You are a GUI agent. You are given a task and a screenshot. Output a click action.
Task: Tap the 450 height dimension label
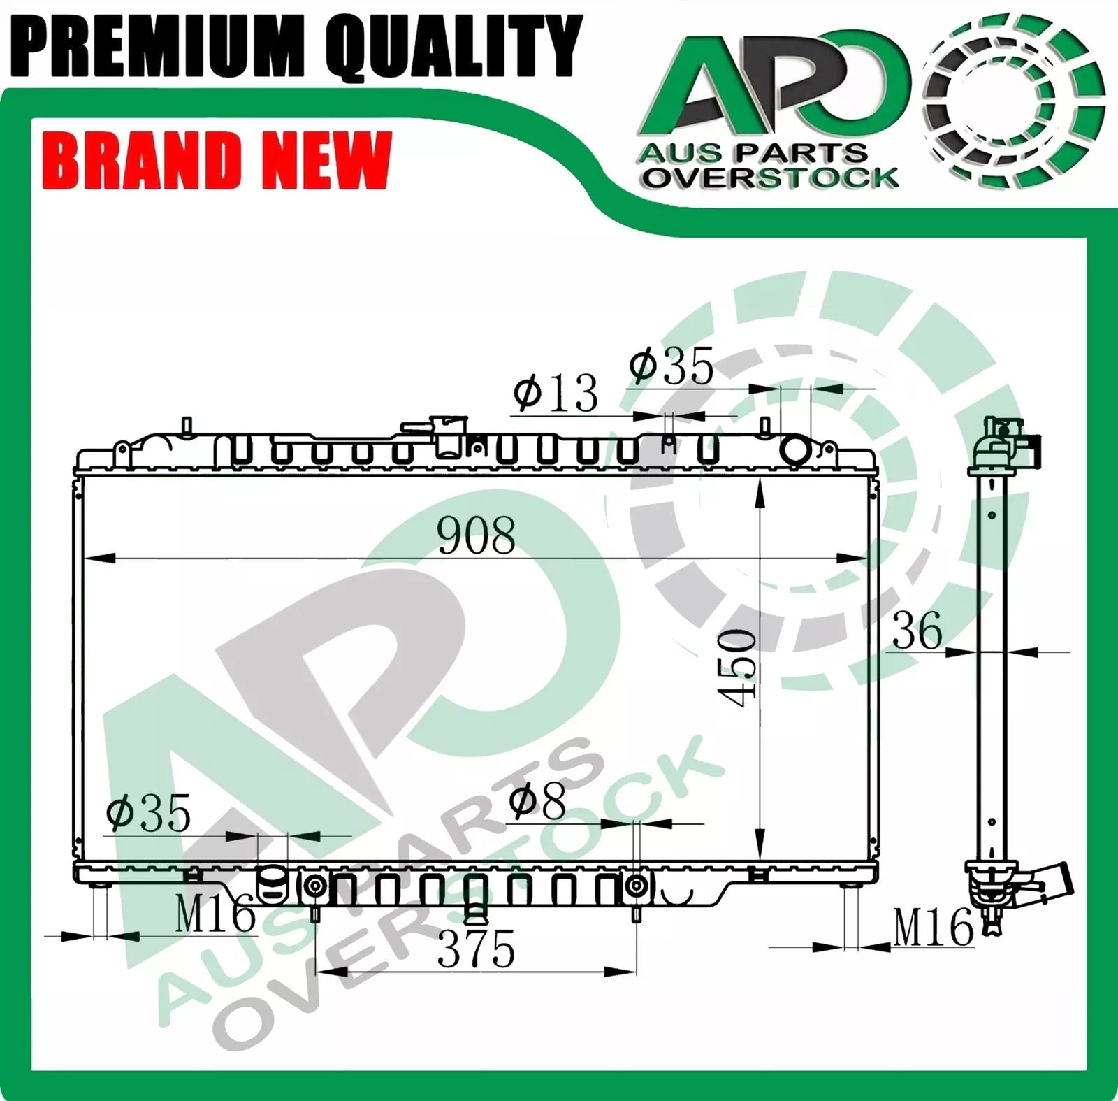click(x=736, y=668)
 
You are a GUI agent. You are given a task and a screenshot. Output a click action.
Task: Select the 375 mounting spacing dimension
click(x=477, y=949)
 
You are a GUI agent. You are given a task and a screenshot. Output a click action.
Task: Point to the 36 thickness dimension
click(x=917, y=631)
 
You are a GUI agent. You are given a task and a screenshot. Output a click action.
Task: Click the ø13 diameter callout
click(x=556, y=393)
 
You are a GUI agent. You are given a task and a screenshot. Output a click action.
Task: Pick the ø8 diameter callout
click(x=537, y=802)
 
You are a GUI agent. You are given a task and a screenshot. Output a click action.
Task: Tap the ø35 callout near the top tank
click(x=671, y=366)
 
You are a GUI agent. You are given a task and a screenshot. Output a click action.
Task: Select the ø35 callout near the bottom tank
click(x=148, y=813)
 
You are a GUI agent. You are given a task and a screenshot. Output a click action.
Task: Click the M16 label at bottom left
click(x=215, y=914)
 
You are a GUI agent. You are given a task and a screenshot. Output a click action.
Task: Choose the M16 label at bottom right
click(x=934, y=928)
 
